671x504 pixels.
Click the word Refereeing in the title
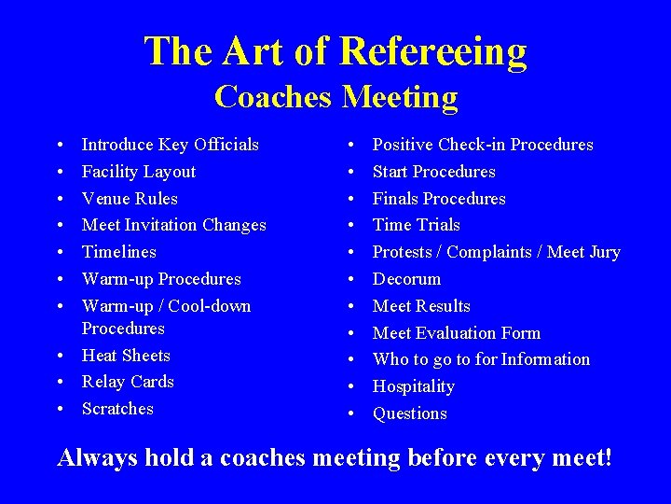[434, 52]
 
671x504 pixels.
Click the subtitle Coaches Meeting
[335, 96]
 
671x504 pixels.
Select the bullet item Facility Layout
[139, 172]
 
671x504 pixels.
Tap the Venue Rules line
[130, 199]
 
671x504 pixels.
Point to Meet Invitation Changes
[173, 225]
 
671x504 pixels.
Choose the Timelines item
[119, 252]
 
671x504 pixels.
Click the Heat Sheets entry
[126, 356]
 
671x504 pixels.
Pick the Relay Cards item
[128, 382]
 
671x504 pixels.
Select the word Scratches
[117, 409]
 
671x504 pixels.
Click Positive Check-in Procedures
[483, 145]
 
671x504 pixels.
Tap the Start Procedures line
[433, 172]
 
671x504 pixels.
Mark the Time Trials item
[416, 225]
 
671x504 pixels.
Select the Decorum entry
[406, 279]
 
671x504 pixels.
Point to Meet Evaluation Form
[456, 333]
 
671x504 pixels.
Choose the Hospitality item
[413, 386]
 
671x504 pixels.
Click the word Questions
[409, 413]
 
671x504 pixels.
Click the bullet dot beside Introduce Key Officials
[60, 146]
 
